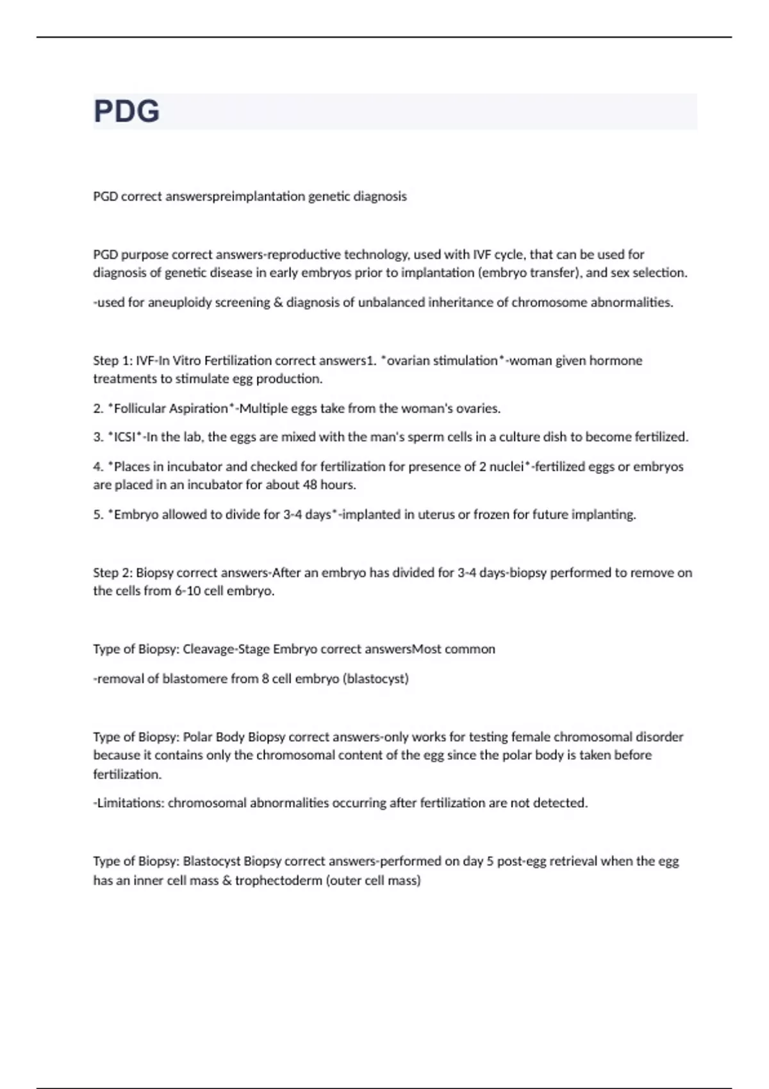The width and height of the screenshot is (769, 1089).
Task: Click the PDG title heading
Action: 127,111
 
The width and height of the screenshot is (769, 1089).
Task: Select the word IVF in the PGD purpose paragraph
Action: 481,254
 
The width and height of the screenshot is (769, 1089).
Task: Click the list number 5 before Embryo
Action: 97,514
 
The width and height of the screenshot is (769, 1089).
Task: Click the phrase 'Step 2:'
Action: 113,573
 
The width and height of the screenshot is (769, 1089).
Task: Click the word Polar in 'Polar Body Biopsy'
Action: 197,737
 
